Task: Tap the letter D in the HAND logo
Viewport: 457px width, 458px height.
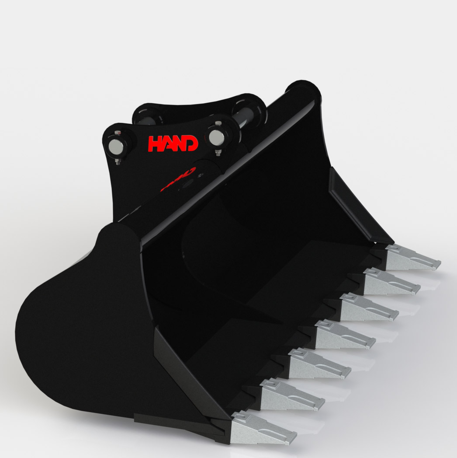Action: pos(191,143)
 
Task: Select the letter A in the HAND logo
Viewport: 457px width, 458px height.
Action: pos(167,144)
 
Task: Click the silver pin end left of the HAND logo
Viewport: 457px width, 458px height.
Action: pos(116,147)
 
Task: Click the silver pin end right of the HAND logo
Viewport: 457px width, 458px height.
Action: pos(217,137)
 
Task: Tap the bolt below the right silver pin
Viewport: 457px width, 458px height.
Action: pos(218,153)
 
